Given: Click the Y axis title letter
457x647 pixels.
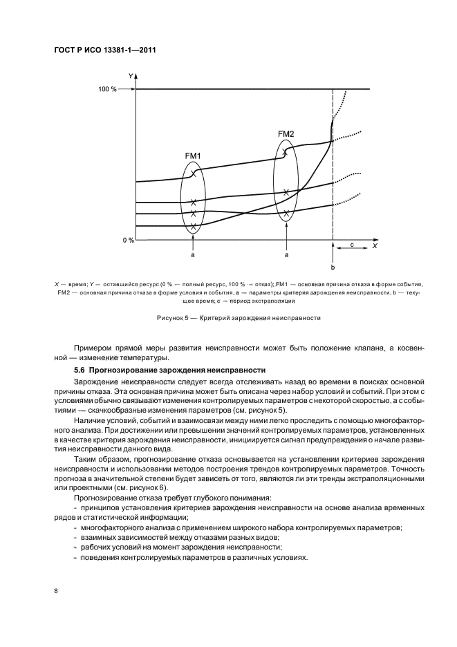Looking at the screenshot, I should click(x=131, y=77).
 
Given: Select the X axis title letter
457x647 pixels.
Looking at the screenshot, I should click(x=374, y=245).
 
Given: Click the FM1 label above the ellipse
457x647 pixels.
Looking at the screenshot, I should click(x=193, y=156).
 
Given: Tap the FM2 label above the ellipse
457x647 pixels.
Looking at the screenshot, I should click(x=286, y=133).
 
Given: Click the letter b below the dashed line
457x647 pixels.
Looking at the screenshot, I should click(x=333, y=267).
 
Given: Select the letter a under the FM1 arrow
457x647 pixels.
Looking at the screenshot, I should click(x=193, y=255).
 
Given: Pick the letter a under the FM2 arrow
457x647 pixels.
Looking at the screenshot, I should click(x=286, y=255).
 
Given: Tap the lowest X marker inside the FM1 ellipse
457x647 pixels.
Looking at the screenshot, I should click(x=194, y=226).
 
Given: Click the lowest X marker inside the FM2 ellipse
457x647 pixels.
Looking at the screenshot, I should click(x=286, y=213).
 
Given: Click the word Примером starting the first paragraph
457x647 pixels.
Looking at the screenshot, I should click(x=92, y=347).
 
